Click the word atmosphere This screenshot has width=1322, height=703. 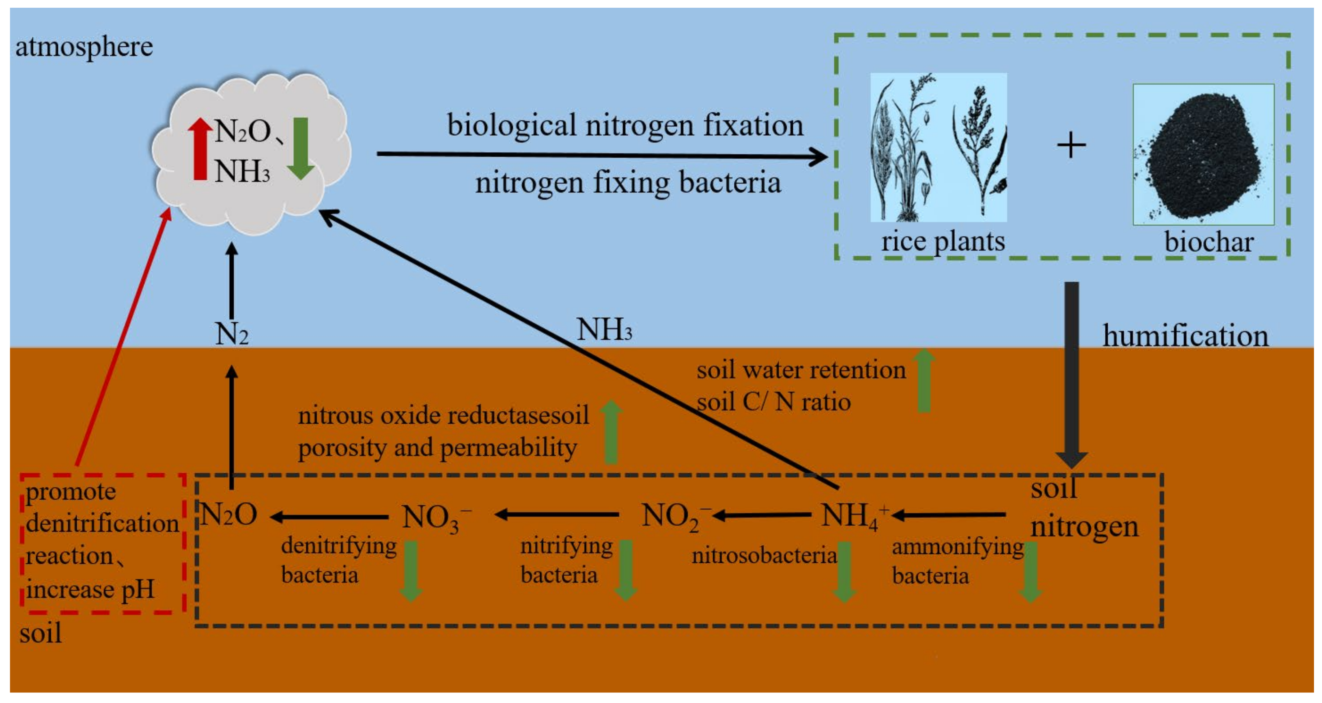pyautogui.click(x=84, y=47)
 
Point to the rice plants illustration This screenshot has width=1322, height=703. pyautogui.click(x=938, y=147)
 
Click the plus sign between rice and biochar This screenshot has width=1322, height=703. pyautogui.click(x=1071, y=145)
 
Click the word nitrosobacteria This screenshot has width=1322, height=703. pyautogui.click(x=764, y=556)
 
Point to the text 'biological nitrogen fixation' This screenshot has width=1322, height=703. pyautogui.click(x=625, y=125)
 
